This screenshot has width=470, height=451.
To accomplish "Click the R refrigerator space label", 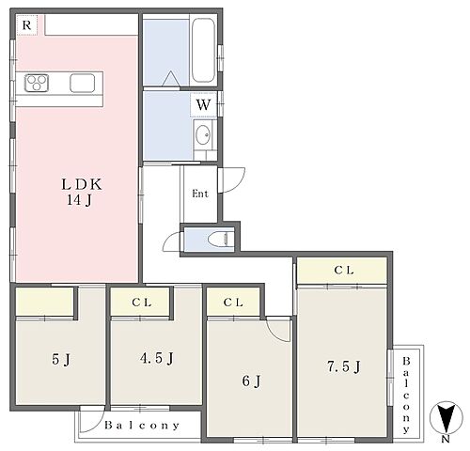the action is (x=27, y=25).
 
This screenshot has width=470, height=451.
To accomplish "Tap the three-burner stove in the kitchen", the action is (x=37, y=83).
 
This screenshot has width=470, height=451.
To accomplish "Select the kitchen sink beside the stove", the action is (x=83, y=83).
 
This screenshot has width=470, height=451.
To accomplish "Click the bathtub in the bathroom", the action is (x=203, y=50).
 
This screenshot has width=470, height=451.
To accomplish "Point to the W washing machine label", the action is (x=203, y=104).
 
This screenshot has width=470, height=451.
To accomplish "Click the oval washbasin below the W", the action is (x=203, y=135).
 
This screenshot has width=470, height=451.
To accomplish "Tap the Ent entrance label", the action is (x=200, y=194).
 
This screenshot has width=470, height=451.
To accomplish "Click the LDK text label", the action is (x=82, y=184).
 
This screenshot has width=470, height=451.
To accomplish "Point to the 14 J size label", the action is (x=79, y=200).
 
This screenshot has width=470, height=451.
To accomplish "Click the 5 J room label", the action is (x=61, y=359).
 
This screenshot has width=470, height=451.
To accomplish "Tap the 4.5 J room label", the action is (x=157, y=358).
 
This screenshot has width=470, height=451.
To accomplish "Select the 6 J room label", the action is (x=251, y=381).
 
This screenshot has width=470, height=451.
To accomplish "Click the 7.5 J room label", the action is (x=344, y=366).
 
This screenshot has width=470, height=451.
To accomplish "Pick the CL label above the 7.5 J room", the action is (x=344, y=270).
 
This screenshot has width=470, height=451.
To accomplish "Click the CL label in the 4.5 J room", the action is (x=142, y=303).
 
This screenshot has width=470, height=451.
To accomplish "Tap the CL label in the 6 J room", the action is (x=233, y=303).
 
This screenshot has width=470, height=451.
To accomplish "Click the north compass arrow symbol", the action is (x=446, y=418).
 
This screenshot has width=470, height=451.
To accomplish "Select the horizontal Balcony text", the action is (x=142, y=426).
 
